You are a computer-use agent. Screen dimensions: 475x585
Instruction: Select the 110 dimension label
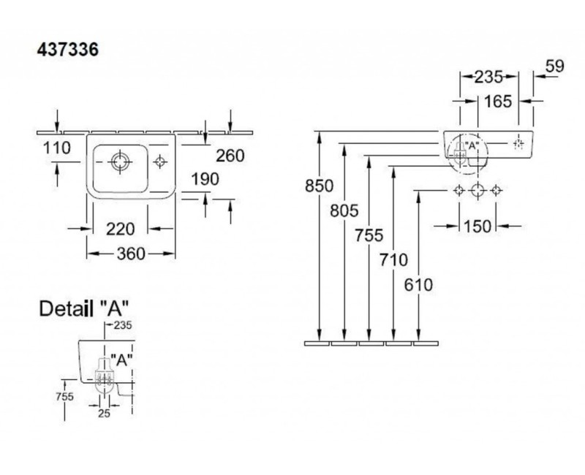click(56, 148)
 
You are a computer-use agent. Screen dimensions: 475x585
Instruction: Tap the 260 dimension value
click(229, 155)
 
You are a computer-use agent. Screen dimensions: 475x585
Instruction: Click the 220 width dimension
click(119, 229)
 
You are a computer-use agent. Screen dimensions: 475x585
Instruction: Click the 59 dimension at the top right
click(555, 66)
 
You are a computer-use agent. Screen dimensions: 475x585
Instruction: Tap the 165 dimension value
click(497, 102)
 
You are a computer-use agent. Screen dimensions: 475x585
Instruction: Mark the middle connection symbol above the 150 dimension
click(477, 191)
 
